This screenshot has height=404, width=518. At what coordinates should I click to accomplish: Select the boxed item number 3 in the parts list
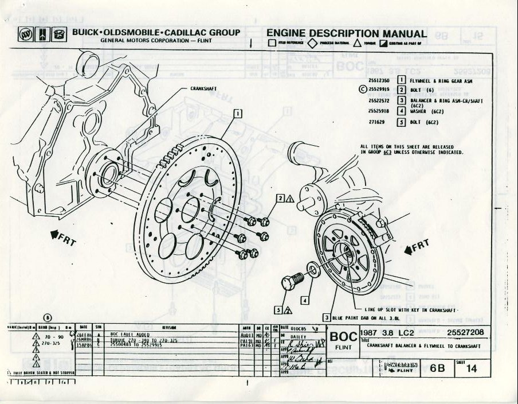click(x=402, y=100)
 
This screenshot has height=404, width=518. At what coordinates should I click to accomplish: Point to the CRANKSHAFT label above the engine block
click(x=203, y=90)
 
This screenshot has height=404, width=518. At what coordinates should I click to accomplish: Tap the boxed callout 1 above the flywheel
click(x=237, y=113)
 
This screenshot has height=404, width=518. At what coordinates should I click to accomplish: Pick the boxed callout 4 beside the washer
click(x=305, y=299)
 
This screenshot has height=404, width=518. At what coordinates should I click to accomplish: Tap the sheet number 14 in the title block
click(x=472, y=369)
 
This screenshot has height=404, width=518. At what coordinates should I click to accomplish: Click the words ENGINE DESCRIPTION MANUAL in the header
click(x=346, y=34)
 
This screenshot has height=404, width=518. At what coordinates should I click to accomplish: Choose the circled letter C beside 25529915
click(x=362, y=89)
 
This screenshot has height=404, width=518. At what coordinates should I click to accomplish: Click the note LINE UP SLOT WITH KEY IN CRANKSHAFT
click(x=410, y=309)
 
